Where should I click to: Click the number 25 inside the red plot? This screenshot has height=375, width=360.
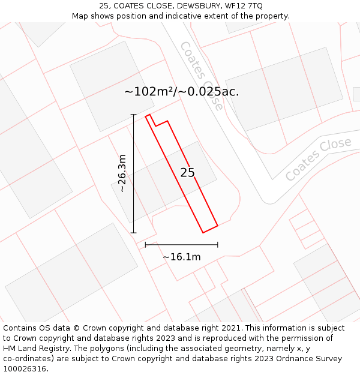pos(187,173)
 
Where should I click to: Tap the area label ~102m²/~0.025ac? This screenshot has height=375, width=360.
pos(181,92)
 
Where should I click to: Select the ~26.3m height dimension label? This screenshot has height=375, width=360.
pos(122,173)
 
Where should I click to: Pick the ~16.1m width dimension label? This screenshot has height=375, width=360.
pos(181,257)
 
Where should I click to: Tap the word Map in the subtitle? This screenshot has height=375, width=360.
pos(80,16)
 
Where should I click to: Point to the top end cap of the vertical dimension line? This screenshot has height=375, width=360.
pos(133,115)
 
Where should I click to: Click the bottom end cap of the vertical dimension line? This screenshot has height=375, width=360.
pos(133,233)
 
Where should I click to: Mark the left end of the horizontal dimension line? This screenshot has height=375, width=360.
pos(146,244)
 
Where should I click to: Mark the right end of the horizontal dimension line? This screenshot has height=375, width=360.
pos(217,244)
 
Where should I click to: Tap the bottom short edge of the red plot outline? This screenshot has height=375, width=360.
pos(210,229)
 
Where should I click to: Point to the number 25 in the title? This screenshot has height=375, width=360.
pos(112,5)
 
